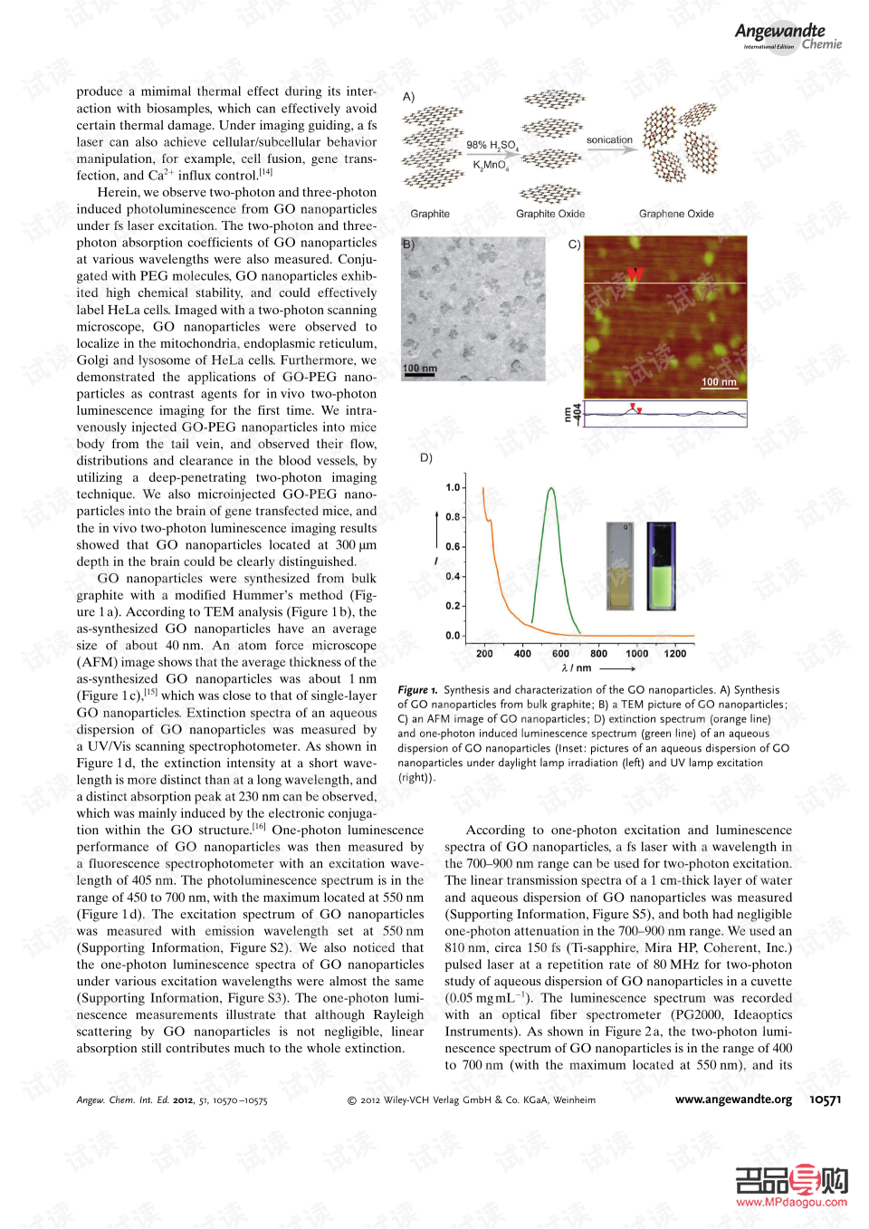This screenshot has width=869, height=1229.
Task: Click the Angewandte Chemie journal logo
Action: [x=788, y=36]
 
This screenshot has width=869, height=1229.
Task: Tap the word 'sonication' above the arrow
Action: [x=609, y=140]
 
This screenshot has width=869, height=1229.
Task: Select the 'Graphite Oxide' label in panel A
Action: [x=550, y=214]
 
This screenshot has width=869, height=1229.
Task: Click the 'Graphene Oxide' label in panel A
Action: [x=676, y=214]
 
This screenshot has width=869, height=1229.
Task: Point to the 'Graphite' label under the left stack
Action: [x=430, y=214]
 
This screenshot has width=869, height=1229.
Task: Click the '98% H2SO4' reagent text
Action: [x=492, y=145]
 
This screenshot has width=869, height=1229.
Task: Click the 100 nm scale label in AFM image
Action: [x=719, y=382]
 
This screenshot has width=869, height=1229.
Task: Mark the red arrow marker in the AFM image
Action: [x=635, y=274]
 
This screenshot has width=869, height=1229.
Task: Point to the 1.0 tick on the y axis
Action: [x=454, y=487]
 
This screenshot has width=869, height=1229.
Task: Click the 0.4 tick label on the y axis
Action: [x=454, y=576]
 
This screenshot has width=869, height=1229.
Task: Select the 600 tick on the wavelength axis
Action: [x=560, y=653]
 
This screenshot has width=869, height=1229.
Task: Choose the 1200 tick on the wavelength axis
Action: [x=675, y=653]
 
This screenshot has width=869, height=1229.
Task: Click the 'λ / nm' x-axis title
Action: [x=577, y=667]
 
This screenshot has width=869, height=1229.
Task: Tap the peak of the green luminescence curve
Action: [x=551, y=490]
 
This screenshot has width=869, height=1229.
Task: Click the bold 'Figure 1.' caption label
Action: [x=417, y=690]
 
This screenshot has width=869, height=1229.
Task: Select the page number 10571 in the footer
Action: [x=825, y=1099]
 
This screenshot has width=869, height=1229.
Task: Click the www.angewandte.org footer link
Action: [x=733, y=1099]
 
